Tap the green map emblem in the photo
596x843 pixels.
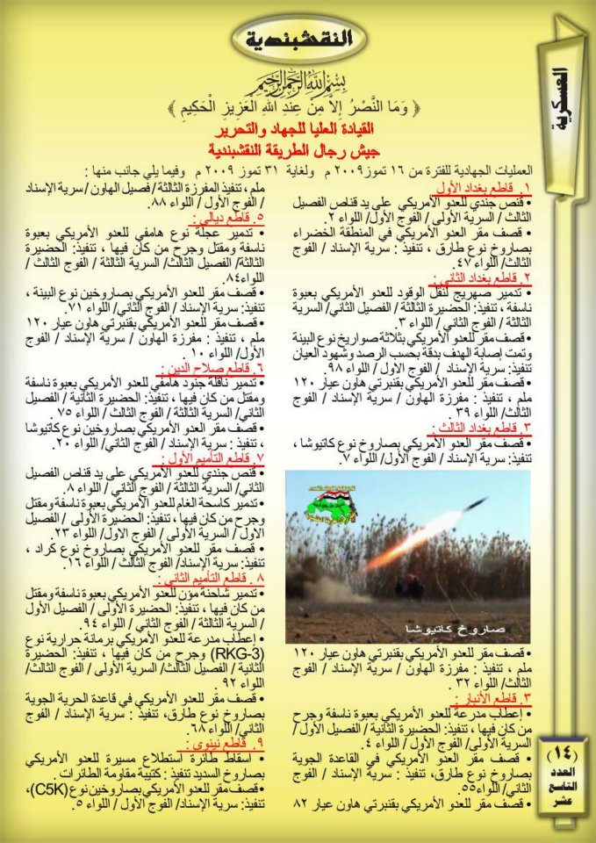coord(334,503)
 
